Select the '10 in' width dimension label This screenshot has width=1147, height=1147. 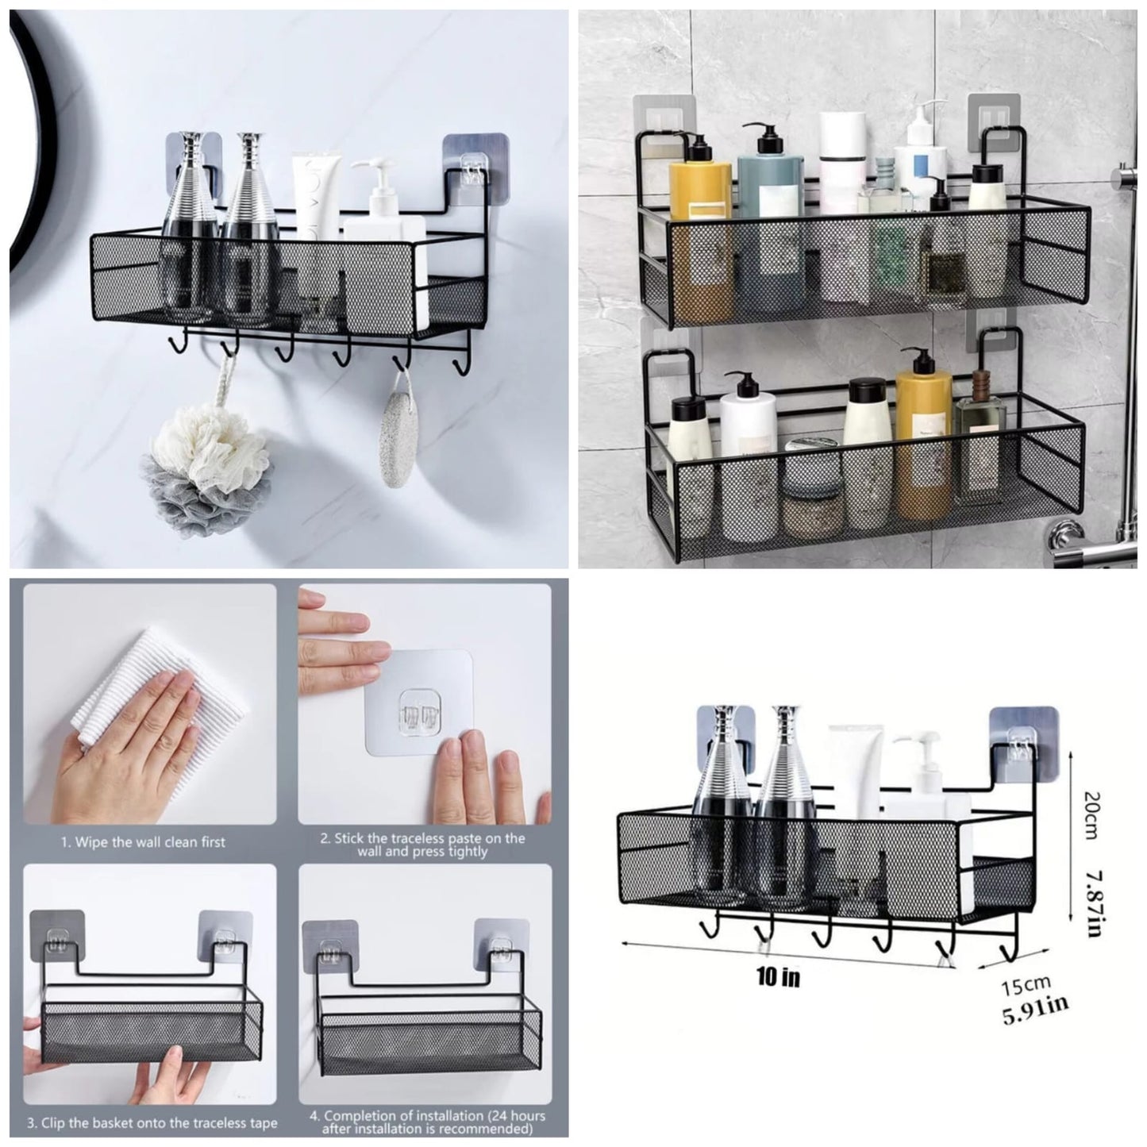click(777, 976)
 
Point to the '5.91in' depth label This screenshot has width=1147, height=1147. click(1034, 1012)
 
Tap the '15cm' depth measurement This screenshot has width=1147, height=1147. click(1026, 987)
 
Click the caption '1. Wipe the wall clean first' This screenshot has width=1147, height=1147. click(144, 842)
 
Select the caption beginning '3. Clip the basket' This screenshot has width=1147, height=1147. click(152, 1122)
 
